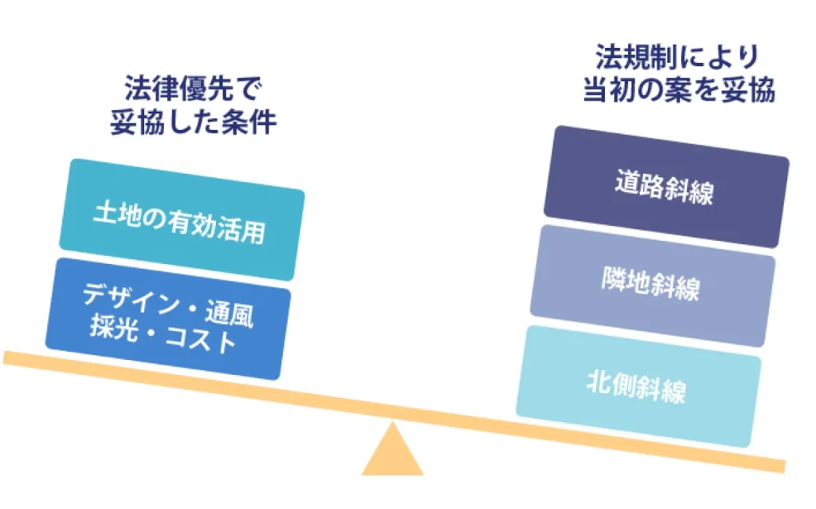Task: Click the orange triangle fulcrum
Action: [x=392, y=452]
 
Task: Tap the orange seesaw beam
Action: [x=394, y=412]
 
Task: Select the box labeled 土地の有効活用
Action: [x=182, y=219]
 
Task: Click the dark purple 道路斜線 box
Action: [x=666, y=187]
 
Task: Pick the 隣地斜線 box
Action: [x=653, y=286]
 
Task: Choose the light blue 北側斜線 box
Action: [x=638, y=386]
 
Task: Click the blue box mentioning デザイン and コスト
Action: [x=167, y=318]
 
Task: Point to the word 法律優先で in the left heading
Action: [x=193, y=88]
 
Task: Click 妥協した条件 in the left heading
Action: [x=193, y=122]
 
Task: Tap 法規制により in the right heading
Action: [x=677, y=57]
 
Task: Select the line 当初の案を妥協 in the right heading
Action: [x=679, y=89]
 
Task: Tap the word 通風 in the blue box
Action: [x=229, y=314]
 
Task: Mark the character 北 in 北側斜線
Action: [x=598, y=381]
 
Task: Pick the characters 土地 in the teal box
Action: [x=117, y=213]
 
